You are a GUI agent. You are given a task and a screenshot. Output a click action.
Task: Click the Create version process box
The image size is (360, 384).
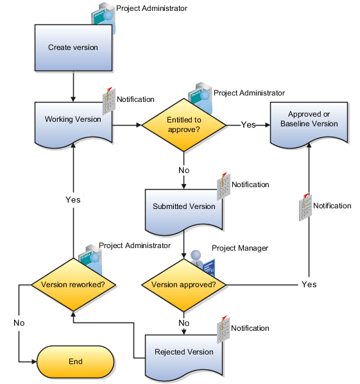pyautogui.click(x=73, y=48)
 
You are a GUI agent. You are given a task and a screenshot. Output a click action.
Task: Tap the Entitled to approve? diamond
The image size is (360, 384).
pyautogui.click(x=184, y=124)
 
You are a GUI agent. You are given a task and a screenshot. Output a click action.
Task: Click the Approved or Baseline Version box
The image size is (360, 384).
pyautogui.click(x=309, y=120)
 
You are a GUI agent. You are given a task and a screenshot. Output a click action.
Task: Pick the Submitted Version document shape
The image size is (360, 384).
pyautogui.click(x=184, y=208)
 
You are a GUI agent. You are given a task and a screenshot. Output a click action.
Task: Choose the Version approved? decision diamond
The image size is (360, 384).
pyautogui.click(x=184, y=284)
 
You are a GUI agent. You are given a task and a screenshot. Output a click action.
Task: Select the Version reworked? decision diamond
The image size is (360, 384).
pyautogui.click(x=73, y=284)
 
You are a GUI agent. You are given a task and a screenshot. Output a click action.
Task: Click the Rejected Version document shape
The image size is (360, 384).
pyautogui.click(x=184, y=353)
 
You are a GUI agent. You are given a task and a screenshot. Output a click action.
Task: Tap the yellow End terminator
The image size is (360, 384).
pyautogui.click(x=76, y=362)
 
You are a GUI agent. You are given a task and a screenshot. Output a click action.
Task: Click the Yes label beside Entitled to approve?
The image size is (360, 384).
pyautogui.click(x=248, y=125)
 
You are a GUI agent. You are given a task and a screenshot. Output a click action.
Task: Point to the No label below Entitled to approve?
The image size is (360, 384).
pyautogui.click(x=184, y=171)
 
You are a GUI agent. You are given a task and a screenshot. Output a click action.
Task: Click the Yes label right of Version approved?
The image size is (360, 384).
pyautogui.click(x=309, y=284)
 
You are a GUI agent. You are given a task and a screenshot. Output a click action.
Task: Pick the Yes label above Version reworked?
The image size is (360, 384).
pyautogui.click(x=73, y=200)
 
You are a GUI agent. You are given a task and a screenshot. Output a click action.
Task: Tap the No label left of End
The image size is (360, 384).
pyautogui.click(x=19, y=322)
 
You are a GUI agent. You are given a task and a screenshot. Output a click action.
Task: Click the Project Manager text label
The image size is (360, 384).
pyautogui.click(x=239, y=248)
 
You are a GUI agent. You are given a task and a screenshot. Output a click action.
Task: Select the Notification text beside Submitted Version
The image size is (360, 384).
pyautogui.click(x=250, y=185)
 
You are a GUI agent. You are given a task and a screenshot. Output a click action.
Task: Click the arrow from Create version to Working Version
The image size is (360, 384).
pyautogui.click(x=73, y=86)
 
